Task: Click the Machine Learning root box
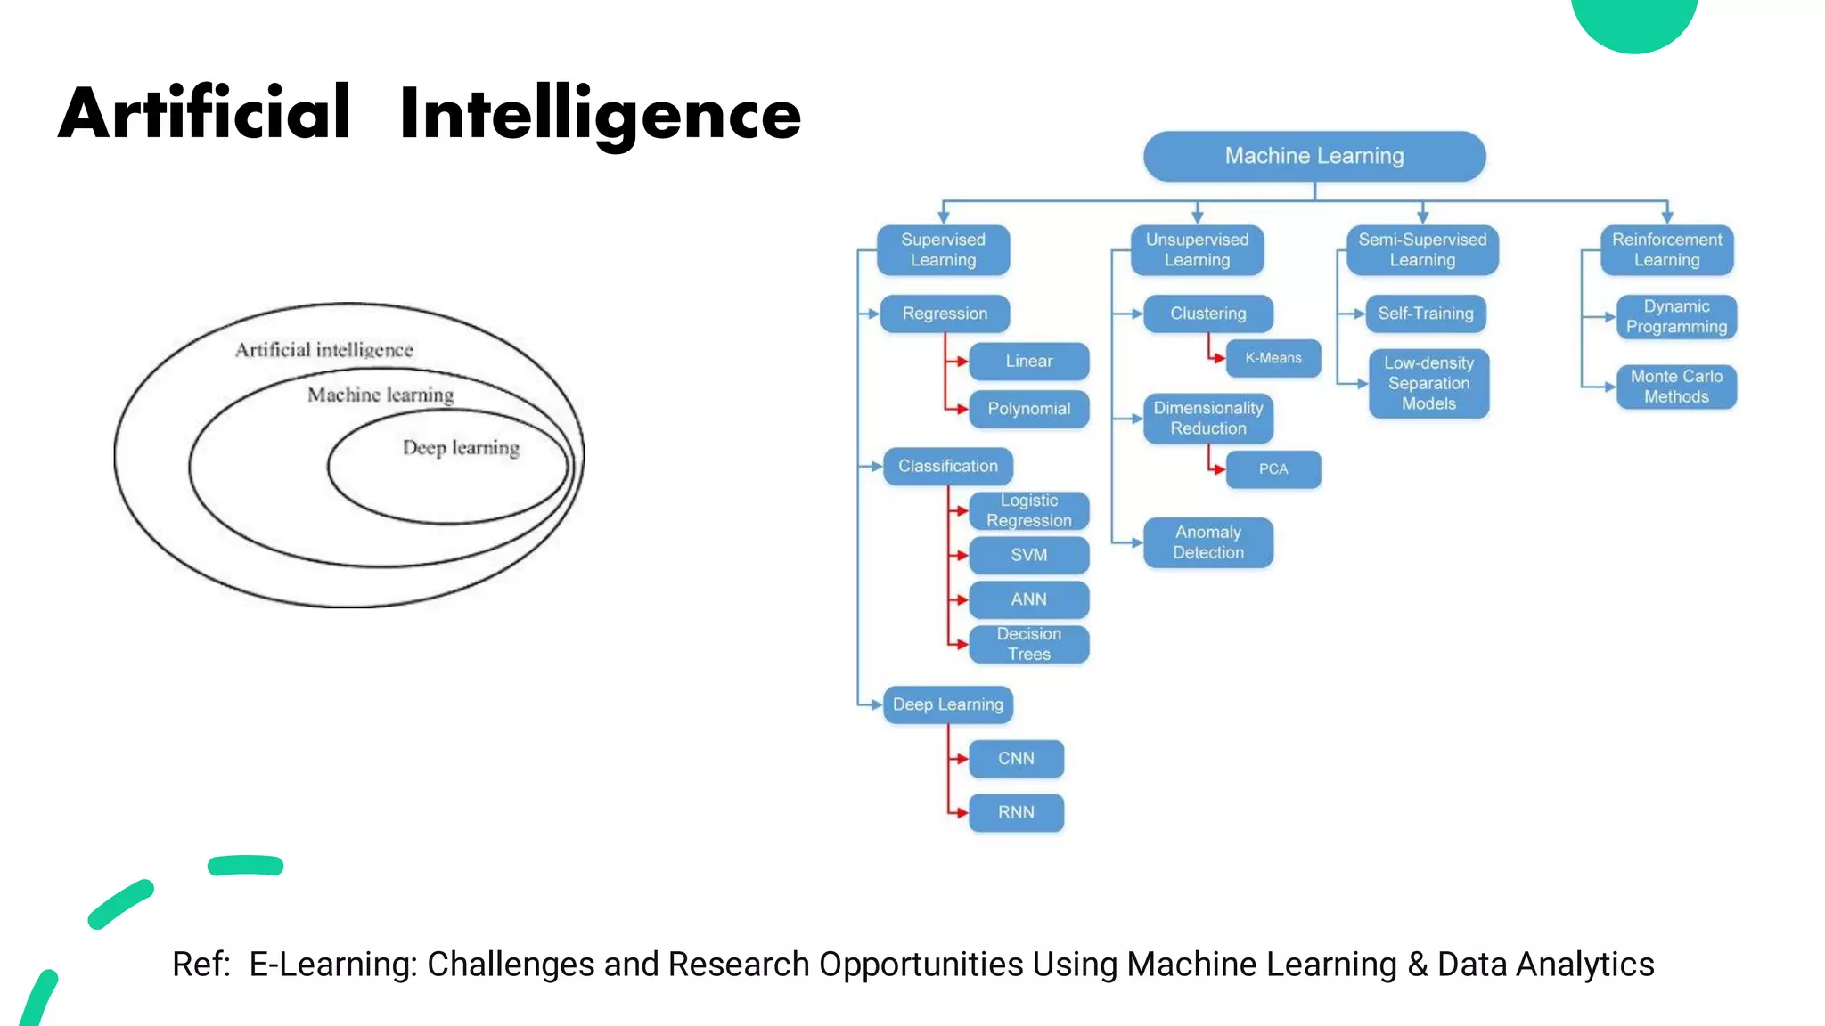(1314, 157)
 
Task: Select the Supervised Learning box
(943, 250)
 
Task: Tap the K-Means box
(1273, 358)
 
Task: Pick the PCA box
(1273, 469)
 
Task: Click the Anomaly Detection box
(1207, 542)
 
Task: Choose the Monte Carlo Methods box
(1676, 387)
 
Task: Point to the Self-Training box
(1425, 313)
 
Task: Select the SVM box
(1028, 555)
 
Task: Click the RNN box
(1016, 812)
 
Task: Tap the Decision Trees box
(1028, 644)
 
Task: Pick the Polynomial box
(1028, 409)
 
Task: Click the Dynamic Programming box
(1676, 317)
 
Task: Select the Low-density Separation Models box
(1428, 384)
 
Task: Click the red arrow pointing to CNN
(959, 759)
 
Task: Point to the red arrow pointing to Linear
(959, 362)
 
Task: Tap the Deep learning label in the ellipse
(461, 447)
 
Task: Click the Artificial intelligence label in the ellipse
(324, 350)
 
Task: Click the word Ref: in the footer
(201, 965)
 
